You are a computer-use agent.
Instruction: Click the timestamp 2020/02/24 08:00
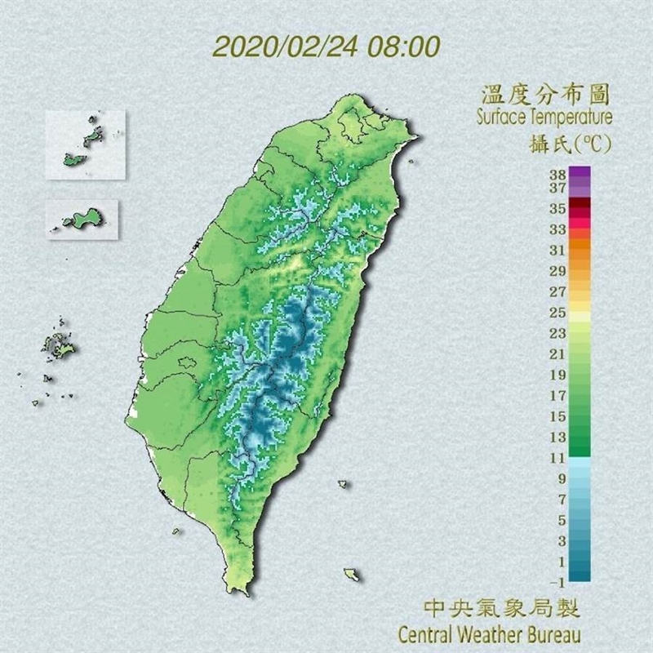coord(326,44)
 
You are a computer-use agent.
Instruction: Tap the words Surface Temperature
coord(544,117)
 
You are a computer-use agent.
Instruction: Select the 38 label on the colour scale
coord(557,174)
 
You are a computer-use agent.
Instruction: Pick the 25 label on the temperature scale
coord(557,313)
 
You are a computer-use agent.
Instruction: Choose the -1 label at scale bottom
coord(557,582)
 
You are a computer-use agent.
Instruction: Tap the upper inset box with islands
coord(86,144)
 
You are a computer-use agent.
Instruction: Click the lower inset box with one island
coord(82,220)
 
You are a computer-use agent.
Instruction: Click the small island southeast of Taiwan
coord(352,574)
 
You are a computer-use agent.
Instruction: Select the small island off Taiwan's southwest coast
coord(176,531)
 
